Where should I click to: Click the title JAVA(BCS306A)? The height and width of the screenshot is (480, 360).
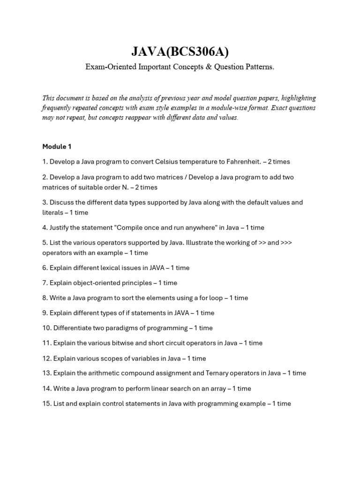pos(180,51)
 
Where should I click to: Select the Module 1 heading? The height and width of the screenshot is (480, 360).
pos(57,147)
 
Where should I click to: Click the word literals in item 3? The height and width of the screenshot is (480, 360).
pos(52,212)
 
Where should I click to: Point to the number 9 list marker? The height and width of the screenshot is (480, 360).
pos(45,313)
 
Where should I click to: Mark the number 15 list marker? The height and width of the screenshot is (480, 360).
pos(46,404)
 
